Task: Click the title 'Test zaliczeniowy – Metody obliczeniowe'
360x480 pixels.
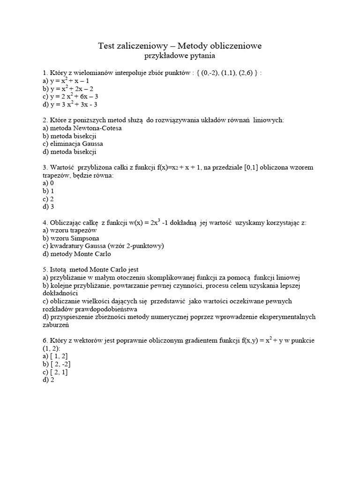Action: pyautogui.click(x=180, y=45)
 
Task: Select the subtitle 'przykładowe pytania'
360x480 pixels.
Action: pyautogui.click(x=180, y=56)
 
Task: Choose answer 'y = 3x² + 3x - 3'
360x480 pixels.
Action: pyautogui.click(x=70, y=105)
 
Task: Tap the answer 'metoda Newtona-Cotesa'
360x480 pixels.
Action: pyautogui.click(x=78, y=128)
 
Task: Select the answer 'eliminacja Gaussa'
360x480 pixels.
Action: pyautogui.click(x=73, y=144)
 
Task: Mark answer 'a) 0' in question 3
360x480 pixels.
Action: pyautogui.click(x=48, y=183)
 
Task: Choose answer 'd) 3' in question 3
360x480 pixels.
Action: pyautogui.click(x=48, y=207)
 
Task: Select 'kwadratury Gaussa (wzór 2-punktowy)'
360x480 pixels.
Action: pyautogui.click(x=103, y=246)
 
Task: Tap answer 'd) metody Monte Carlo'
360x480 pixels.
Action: pyautogui.click(x=76, y=254)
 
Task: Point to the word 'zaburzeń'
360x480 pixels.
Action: pyautogui.click(x=56, y=324)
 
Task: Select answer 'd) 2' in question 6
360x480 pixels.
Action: pyautogui.click(x=48, y=380)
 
